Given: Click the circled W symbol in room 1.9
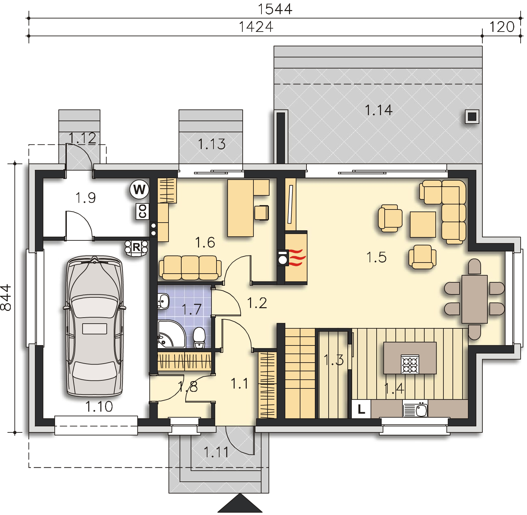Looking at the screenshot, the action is coord(139,190).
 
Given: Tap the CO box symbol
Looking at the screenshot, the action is coord(142,212).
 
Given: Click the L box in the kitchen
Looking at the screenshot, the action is coord(361,409).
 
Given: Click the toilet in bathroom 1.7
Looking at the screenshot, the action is coord(199,337).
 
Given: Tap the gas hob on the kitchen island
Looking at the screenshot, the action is coord(410,364).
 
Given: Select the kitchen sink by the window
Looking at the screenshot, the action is coord(415,409).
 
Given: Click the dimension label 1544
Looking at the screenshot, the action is coord(275,9).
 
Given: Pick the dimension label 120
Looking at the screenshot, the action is coord(502,27).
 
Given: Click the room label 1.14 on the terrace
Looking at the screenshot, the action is coord(378,110).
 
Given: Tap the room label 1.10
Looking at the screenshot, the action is coord(99,407).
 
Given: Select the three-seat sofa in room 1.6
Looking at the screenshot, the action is coord(190,268).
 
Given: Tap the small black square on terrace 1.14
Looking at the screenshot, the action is coord(472,116).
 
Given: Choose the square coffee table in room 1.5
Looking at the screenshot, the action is coord(423,224).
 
